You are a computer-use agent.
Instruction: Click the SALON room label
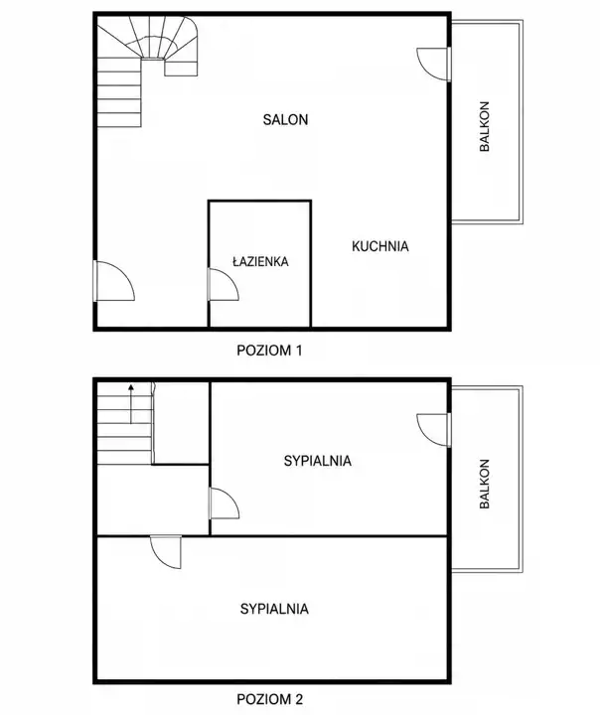coord(285,119)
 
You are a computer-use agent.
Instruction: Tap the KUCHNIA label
coord(380,246)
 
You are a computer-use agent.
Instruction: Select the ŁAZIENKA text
coord(260,261)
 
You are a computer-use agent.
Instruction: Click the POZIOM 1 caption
coord(269,351)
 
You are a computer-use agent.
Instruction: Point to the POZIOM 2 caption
coord(269,699)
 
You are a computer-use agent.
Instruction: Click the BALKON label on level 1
coord(485,126)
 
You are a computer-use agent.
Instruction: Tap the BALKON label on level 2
coord(485,484)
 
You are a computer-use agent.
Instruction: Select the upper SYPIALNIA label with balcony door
coord(318,461)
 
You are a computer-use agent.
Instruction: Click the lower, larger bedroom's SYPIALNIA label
coord(274,609)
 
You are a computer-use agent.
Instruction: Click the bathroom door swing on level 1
coord(224,285)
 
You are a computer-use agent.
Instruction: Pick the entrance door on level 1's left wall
coord(113,281)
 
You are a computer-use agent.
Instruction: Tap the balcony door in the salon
coord(434,65)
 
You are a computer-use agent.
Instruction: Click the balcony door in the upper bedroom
coord(434,430)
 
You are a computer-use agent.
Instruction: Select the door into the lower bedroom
coord(166,552)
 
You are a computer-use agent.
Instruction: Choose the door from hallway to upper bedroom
coord(225,503)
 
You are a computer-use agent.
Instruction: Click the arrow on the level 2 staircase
coord(131,404)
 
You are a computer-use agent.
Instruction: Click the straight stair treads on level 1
coord(119,92)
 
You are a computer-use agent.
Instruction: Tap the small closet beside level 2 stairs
coord(181,423)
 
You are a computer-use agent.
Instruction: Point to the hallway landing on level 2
coord(153,500)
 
